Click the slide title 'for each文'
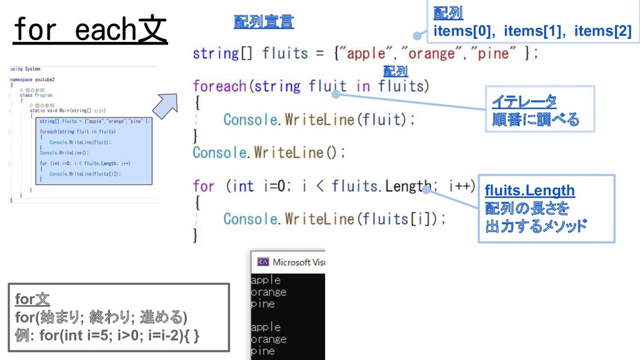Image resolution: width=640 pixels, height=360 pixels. point(89,30)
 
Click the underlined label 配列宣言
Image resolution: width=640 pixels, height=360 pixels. point(263,22)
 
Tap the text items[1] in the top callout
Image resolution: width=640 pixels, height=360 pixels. point(532,30)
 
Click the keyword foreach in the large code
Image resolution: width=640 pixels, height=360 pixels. point(219,86)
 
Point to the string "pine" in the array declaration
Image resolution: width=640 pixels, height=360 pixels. point(494,54)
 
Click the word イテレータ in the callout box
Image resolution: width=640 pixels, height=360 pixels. point(524,101)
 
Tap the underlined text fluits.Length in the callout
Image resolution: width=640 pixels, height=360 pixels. point(529,190)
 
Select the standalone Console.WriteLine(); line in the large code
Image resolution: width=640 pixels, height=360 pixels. point(268,152)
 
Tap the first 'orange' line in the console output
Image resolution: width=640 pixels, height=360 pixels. point(269,292)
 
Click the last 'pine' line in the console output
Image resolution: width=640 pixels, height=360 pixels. point(263,351)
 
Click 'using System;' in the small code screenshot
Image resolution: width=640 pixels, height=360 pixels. point(26,69)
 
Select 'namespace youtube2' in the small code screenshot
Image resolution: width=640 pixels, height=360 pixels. point(32,80)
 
